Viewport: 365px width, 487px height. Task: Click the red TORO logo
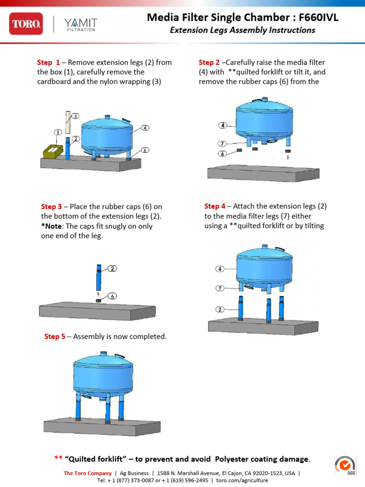click(26, 23)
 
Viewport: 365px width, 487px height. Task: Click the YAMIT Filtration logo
click(81, 24)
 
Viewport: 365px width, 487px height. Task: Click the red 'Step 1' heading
click(48, 62)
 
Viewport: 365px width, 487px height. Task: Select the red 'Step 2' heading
click(209, 62)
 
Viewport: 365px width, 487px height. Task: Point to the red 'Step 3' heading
click(52, 206)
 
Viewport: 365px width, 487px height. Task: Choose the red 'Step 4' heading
click(215, 206)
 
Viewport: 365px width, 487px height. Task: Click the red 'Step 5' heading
click(55, 337)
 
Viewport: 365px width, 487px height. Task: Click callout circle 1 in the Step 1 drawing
click(58, 132)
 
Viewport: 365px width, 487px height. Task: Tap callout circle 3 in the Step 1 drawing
click(76, 116)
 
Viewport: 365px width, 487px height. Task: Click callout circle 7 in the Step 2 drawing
click(222, 143)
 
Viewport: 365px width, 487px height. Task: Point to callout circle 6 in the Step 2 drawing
click(222, 154)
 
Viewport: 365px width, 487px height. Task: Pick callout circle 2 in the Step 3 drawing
click(112, 269)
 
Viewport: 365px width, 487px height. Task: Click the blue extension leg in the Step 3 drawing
click(98, 278)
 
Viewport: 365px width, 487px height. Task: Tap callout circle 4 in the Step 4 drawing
click(220, 269)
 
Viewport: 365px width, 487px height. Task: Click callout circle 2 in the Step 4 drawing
click(220, 309)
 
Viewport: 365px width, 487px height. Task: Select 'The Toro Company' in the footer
click(88, 473)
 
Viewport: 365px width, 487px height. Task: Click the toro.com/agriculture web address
click(242, 480)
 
